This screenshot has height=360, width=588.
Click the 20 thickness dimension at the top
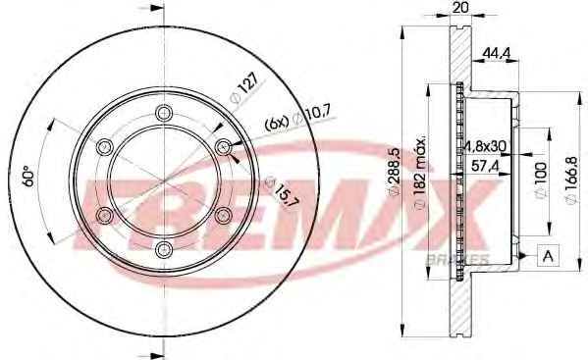(x=460, y=7)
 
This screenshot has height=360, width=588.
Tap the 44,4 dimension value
(x=496, y=53)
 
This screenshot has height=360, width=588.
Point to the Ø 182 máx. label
(x=421, y=173)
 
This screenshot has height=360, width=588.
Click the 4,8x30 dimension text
(x=486, y=146)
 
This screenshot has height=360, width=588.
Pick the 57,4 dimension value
(x=485, y=166)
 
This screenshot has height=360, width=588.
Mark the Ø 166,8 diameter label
(x=571, y=180)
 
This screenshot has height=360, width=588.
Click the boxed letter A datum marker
(x=549, y=256)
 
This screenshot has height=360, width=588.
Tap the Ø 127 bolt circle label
(x=244, y=88)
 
